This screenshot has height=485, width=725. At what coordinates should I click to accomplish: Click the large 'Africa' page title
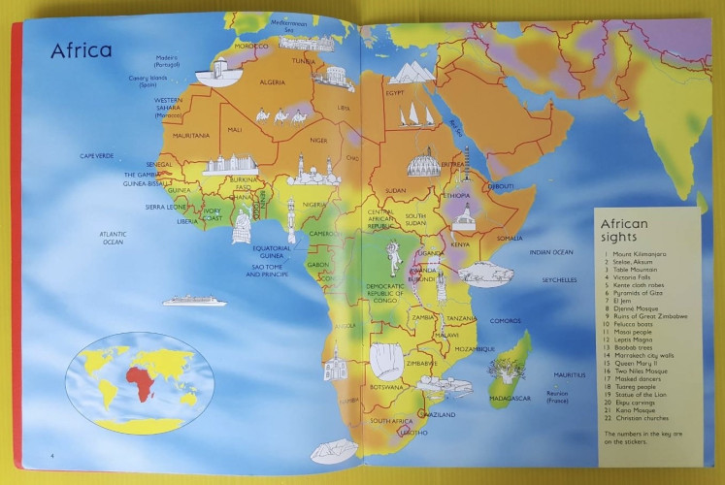tap(82, 50)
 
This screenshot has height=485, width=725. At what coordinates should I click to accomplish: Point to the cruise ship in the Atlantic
tap(193, 301)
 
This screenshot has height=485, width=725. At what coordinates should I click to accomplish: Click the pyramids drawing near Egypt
tap(412, 72)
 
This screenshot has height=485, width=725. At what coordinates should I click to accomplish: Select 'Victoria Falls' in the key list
tap(633, 278)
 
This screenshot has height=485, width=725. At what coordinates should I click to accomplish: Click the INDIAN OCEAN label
tap(551, 252)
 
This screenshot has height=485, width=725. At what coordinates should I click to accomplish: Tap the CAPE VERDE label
tap(97, 155)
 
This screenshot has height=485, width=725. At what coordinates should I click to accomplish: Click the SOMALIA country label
tap(510, 238)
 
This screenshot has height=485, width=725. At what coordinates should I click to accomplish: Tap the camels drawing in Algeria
tap(280, 116)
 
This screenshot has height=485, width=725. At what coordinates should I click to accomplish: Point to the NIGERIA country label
tap(314, 205)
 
